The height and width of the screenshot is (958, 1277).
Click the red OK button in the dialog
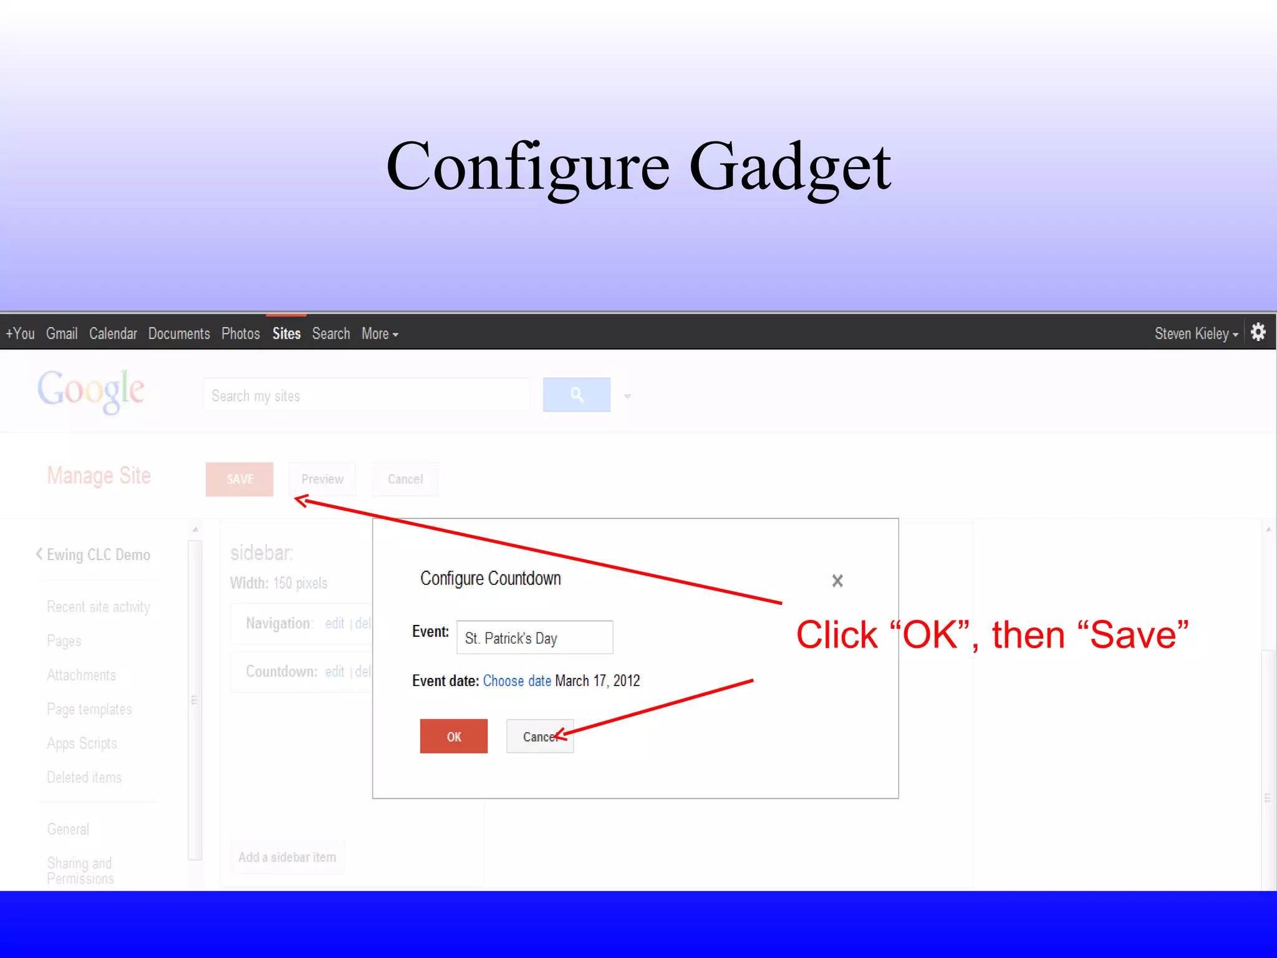coord(453,736)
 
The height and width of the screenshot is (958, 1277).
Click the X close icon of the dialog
coord(837,581)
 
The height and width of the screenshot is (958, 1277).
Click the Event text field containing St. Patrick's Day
coord(534,637)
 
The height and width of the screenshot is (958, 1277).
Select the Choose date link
coord(517,680)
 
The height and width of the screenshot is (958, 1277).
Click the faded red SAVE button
coord(239,479)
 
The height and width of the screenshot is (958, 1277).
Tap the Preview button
coord(322,479)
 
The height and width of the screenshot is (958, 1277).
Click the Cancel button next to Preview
coord(405,479)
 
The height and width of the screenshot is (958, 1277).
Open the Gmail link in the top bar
coord(62,334)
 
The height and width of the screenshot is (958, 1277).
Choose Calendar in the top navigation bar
coord(113,334)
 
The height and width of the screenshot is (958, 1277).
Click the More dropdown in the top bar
coord(379,334)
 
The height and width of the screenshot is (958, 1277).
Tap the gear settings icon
coord(1258,332)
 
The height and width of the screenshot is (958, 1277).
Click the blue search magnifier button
coord(577,395)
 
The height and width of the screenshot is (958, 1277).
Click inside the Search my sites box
coord(367,395)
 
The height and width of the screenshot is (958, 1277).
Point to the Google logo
coord(91,390)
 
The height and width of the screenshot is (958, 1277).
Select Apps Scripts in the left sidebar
coord(82,743)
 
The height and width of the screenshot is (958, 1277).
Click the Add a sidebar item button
coord(287,857)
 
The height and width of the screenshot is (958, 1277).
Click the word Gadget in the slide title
coord(790,167)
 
